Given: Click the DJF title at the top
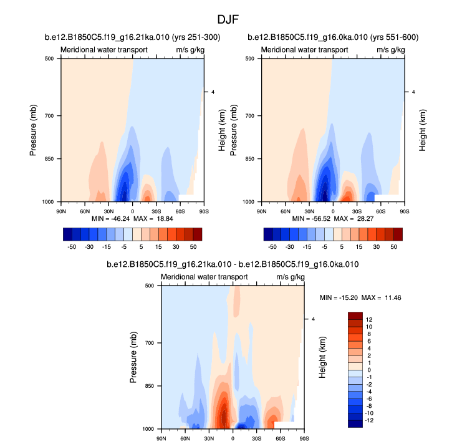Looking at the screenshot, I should (x=228, y=19).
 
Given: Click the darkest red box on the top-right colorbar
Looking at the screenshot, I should (x=398, y=234).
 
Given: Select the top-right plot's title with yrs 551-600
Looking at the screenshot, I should (x=333, y=38).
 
